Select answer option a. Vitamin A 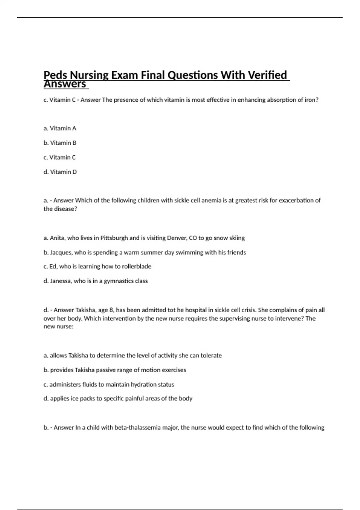tap(60, 128)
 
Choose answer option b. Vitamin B tap(60, 143)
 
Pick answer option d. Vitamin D tap(60, 172)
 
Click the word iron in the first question tap(311, 100)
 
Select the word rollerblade tap(136, 266)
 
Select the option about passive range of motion tap(115, 370)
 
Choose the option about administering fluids tap(109, 384)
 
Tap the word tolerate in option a tap(211, 355)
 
